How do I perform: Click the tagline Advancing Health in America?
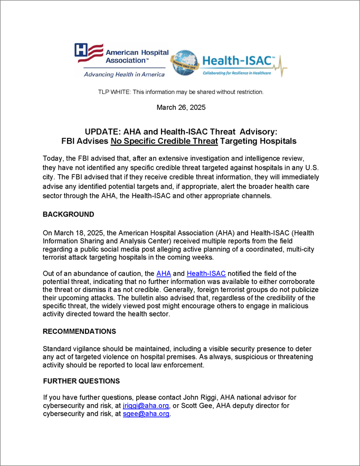pyautogui.click(x=124, y=74)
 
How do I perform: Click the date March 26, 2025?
pyautogui.click(x=181, y=107)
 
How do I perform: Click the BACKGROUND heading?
pyautogui.click(x=69, y=215)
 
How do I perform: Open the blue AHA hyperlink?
pyautogui.click(x=164, y=273)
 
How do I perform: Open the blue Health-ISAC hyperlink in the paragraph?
pyautogui.click(x=206, y=273)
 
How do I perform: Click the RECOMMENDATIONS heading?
pyautogui.click(x=79, y=331)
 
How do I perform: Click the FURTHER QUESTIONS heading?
pyautogui.click(x=81, y=381)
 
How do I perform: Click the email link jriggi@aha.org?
pyautogui.click(x=146, y=405)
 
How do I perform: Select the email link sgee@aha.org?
pyautogui.click(x=146, y=414)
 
